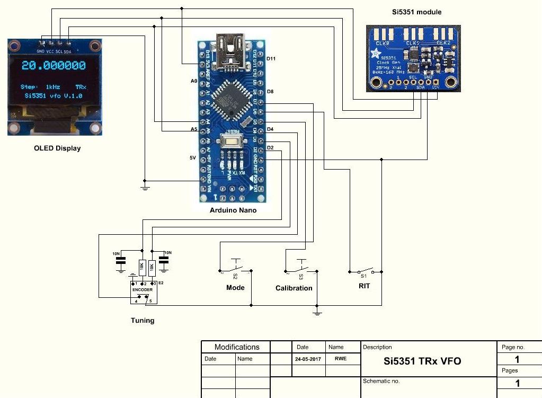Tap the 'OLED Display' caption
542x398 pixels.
tap(57, 148)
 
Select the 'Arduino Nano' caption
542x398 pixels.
tap(233, 210)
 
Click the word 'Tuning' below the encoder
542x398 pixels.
tap(143, 320)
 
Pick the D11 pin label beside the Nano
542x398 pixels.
tap(271, 59)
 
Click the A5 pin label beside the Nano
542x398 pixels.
tap(193, 129)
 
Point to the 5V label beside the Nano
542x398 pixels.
tap(193, 158)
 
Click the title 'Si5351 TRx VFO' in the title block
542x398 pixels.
tap(422, 361)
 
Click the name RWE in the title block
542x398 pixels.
tap(341, 359)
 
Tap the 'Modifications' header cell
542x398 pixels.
tap(237, 347)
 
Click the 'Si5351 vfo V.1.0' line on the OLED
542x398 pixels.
tap(54, 96)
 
